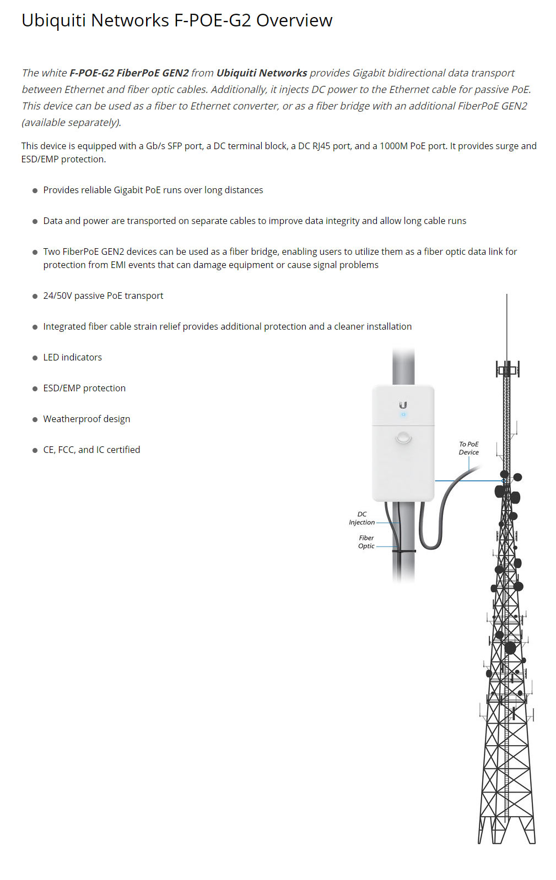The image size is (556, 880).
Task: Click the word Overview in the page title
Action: coord(294,20)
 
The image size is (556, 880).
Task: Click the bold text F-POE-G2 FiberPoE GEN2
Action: coord(129,73)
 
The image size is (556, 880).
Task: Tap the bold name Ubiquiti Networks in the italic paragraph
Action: coord(262,73)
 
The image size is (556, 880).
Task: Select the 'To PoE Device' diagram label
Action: coord(469,448)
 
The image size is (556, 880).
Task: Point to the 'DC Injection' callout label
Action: coord(361,518)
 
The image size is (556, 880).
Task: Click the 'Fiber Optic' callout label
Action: coord(366,542)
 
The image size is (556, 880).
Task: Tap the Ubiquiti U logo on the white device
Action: coord(403,405)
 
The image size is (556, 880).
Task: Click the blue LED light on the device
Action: coord(403,414)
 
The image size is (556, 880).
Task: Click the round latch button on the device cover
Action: coord(403,438)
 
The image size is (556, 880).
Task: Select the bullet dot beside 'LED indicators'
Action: coord(35,358)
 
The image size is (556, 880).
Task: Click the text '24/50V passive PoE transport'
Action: coord(103,296)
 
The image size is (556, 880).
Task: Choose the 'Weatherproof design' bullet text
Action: coord(87,419)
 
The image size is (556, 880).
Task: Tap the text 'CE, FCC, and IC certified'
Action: coord(91,450)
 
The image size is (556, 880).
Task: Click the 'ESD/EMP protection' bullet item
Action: coord(84,388)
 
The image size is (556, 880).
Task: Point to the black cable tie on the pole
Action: coord(404,550)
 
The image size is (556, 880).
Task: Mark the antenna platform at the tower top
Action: coord(507,369)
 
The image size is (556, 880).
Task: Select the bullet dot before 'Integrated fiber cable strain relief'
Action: coord(35,327)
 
